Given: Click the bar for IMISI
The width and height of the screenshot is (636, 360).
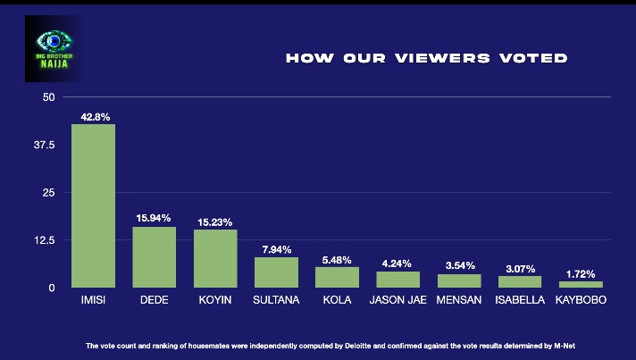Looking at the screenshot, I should pyautogui.click(x=93, y=205).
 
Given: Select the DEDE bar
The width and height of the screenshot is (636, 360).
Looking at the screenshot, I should pyautogui.click(x=154, y=257).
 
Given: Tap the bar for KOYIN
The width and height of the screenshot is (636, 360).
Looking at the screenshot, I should pyautogui.click(x=215, y=258).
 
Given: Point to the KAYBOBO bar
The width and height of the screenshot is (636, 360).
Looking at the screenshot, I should pyautogui.click(x=581, y=284).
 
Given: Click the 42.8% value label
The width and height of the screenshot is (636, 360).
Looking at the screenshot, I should pyautogui.click(x=93, y=116).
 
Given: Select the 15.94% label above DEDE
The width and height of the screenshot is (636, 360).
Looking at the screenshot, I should pyautogui.click(x=154, y=218).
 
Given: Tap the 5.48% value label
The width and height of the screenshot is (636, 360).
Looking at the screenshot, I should pyautogui.click(x=337, y=259).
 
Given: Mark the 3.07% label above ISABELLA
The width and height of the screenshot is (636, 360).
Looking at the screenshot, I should pyautogui.click(x=520, y=268).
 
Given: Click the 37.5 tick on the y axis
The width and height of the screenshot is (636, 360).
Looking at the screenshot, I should pyautogui.click(x=44, y=145).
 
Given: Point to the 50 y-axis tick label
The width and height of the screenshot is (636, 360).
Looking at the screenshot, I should pyautogui.click(x=49, y=96).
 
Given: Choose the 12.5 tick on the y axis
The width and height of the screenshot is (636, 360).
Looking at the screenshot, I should pyautogui.click(x=44, y=240).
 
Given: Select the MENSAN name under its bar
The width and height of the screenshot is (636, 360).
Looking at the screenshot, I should pyautogui.click(x=459, y=300).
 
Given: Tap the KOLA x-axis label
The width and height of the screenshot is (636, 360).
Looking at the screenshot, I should pyautogui.click(x=337, y=300).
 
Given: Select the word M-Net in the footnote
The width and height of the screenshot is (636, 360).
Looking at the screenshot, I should pyautogui.click(x=575, y=345).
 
